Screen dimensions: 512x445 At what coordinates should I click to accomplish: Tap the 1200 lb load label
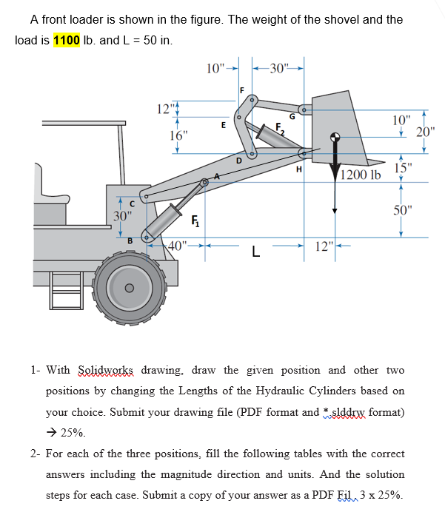361,175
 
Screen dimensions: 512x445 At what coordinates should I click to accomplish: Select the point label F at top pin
241,90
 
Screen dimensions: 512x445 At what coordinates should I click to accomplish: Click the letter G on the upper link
292,115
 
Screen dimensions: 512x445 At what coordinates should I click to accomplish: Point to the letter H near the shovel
298,169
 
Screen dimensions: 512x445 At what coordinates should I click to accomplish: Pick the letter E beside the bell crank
224,126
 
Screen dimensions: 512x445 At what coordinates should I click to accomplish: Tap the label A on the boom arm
217,176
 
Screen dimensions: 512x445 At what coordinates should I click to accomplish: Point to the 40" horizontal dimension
178,245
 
